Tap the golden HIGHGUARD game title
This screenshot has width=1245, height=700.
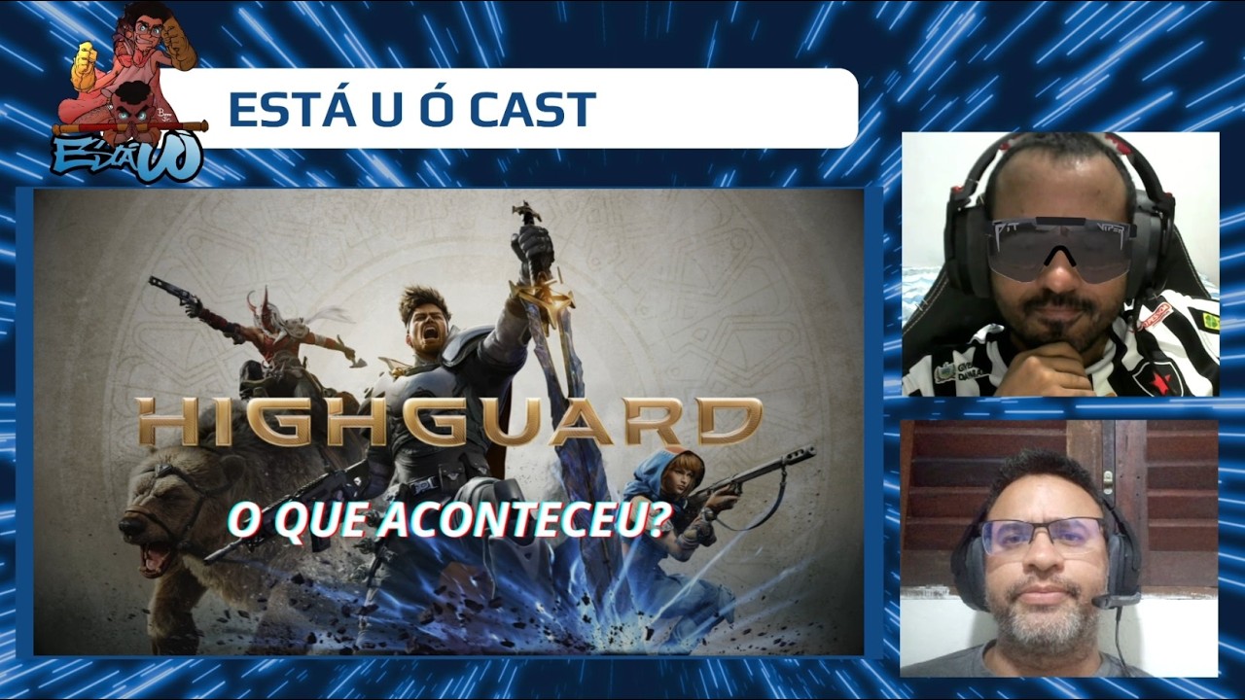point(448,421)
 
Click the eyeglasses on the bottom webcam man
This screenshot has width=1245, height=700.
point(1042,536)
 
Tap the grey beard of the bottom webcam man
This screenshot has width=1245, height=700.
point(1043,617)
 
